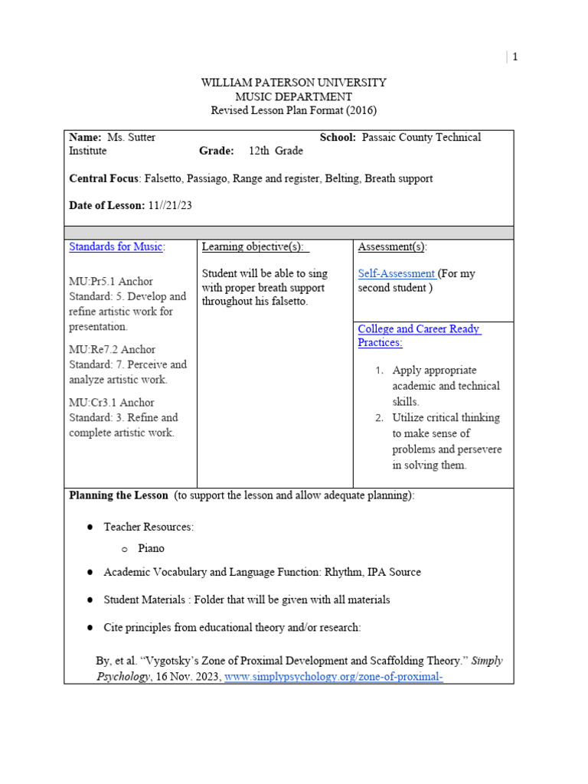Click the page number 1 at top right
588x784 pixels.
click(515, 57)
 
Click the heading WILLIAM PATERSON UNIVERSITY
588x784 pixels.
click(293, 83)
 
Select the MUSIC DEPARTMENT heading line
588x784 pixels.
click(293, 96)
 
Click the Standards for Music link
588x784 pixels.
click(116, 247)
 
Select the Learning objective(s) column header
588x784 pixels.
click(255, 247)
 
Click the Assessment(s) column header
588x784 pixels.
click(393, 247)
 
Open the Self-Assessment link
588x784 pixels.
click(396, 273)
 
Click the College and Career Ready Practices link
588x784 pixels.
click(419, 335)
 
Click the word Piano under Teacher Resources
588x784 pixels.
click(151, 548)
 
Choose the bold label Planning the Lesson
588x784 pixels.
click(118, 495)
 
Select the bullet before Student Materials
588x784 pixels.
click(90, 599)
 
